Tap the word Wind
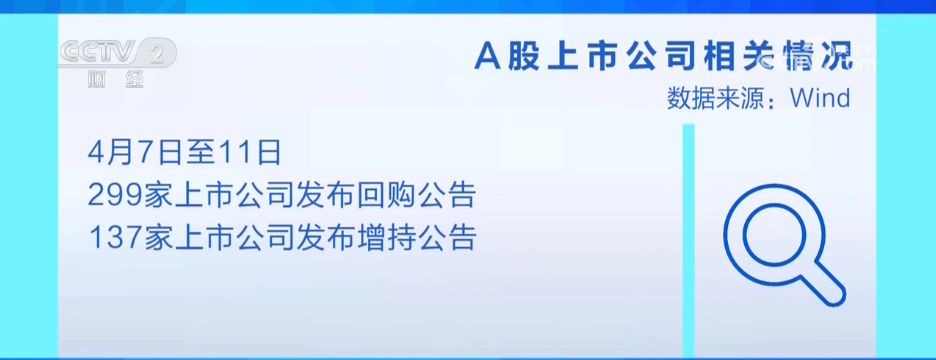819,98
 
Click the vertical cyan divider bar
688,240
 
